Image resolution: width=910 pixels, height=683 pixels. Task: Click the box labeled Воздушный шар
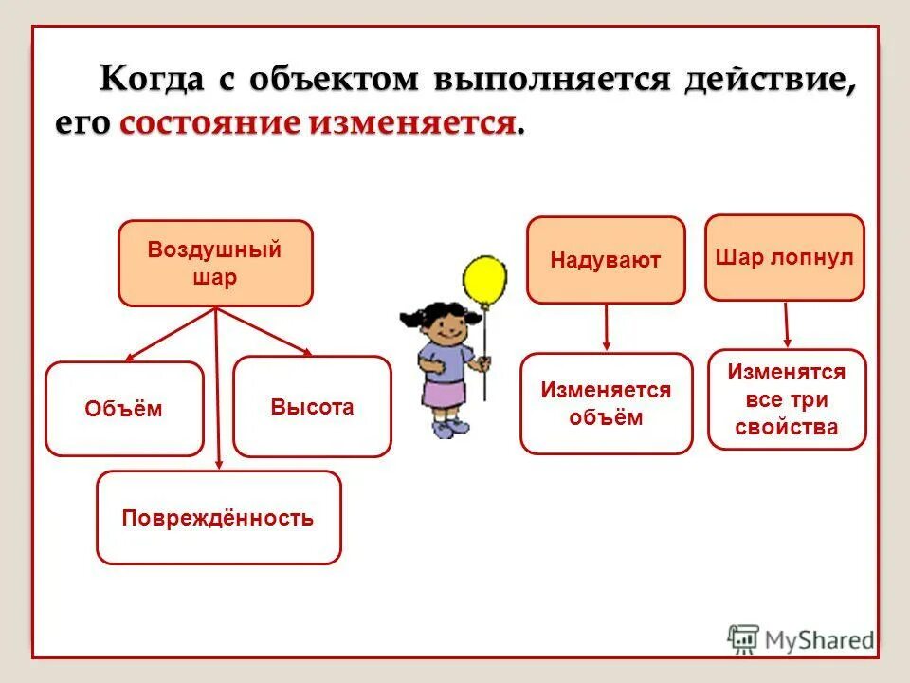pyautogui.click(x=215, y=264)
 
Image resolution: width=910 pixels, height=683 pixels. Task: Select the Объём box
pyautogui.click(x=124, y=409)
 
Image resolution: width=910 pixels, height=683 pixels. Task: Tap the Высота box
pyautogui.click(x=312, y=407)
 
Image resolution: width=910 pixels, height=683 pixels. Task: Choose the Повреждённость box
pyautogui.click(x=218, y=518)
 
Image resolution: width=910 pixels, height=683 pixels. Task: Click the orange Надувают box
pyautogui.click(x=606, y=260)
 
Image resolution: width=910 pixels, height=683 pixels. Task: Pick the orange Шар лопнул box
pyautogui.click(x=785, y=258)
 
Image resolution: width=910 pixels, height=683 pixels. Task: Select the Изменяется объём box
pyautogui.click(x=606, y=404)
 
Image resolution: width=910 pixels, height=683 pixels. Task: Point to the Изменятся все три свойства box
pyautogui.click(x=787, y=399)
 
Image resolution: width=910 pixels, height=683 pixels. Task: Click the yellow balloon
pyautogui.click(x=484, y=282)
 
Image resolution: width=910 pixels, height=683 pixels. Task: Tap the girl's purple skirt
pyautogui.click(x=444, y=392)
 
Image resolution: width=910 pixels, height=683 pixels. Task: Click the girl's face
pyautogui.click(x=444, y=332)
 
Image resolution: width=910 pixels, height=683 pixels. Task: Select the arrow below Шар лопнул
pyautogui.click(x=787, y=324)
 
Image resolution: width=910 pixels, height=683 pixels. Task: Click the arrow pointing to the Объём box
pyautogui.click(x=171, y=335)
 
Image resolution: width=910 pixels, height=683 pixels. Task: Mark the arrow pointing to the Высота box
pyautogui.click(x=265, y=332)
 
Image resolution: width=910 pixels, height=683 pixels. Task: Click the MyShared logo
pyautogui.click(x=801, y=638)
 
